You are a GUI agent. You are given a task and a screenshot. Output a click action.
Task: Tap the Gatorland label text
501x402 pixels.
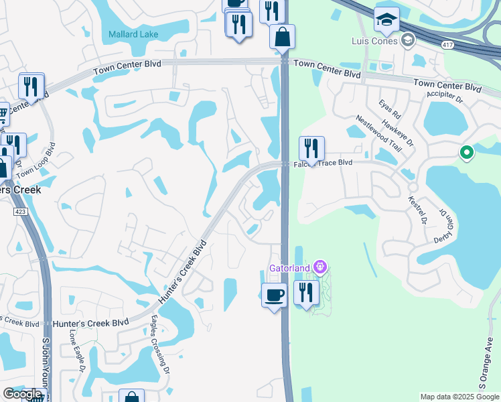point(289,269)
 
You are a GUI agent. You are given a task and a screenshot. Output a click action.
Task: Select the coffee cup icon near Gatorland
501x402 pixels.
point(274,295)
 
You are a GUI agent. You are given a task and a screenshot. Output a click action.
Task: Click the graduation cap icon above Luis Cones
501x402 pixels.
point(386,20)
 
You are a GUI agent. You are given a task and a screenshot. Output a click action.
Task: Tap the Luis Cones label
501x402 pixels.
point(374,41)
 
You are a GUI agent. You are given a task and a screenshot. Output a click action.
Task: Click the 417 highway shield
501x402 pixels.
point(445,44)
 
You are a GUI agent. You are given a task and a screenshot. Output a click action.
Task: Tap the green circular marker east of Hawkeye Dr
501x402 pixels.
point(467,153)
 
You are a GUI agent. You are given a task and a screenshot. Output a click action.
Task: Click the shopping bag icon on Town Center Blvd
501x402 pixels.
point(283,37)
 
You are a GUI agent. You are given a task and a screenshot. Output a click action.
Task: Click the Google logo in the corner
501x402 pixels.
point(22,394)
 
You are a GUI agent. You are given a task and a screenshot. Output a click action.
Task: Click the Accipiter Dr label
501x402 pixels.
point(445,98)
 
